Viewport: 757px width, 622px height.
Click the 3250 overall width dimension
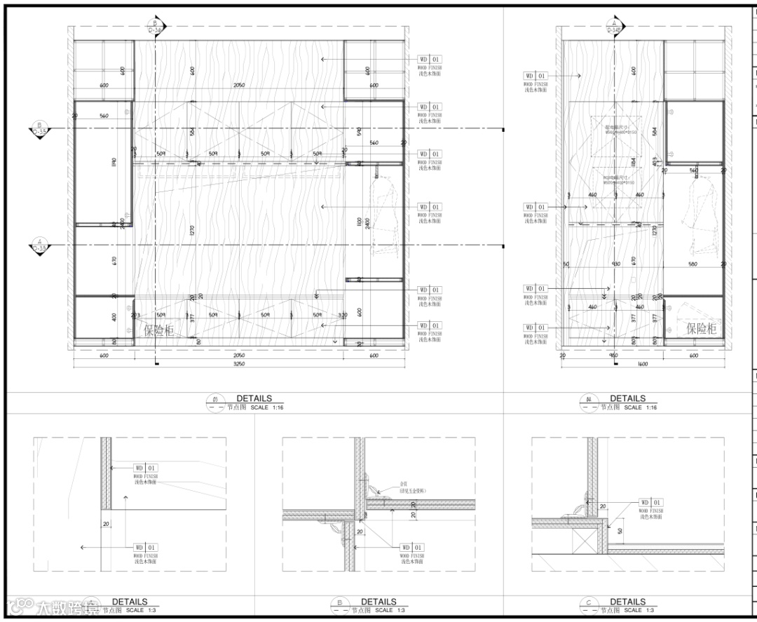[239, 365]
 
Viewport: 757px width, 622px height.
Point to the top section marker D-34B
[614, 28]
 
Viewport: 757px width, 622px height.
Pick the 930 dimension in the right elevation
[615, 264]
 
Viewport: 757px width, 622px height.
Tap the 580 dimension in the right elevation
[693, 264]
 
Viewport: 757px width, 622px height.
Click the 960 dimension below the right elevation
[614, 356]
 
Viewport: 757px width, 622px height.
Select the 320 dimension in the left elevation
[342, 316]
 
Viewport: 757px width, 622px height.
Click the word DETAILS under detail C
[627, 601]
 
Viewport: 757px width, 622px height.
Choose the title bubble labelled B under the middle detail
[339, 603]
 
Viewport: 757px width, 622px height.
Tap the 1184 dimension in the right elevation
[634, 163]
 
